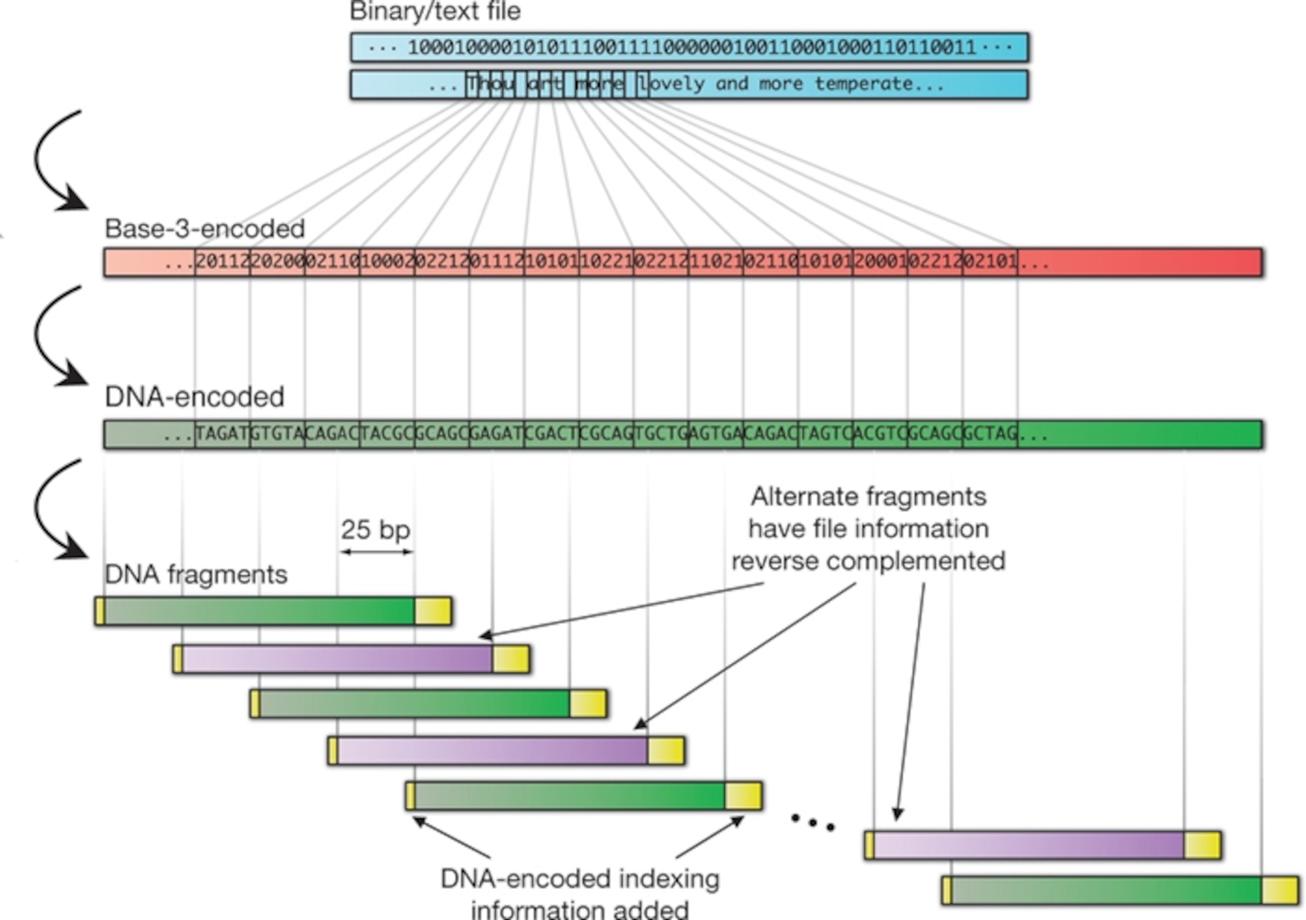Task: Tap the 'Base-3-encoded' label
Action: (x=205, y=229)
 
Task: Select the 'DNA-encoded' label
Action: (x=195, y=397)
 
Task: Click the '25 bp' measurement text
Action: (x=375, y=530)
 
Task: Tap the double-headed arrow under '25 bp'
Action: (x=377, y=551)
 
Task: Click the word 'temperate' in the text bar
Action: (x=863, y=84)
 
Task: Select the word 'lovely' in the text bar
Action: (x=671, y=84)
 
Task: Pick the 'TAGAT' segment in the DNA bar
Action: (x=222, y=434)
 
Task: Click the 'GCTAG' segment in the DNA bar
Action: (x=990, y=434)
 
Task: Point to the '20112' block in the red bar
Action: (x=222, y=262)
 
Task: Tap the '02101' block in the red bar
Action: (x=990, y=262)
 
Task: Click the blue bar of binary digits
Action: (x=690, y=47)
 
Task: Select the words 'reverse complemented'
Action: (x=868, y=562)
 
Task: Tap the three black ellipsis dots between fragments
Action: (x=813, y=822)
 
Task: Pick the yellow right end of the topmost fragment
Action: (x=433, y=611)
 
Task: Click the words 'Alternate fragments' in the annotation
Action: (x=868, y=497)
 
